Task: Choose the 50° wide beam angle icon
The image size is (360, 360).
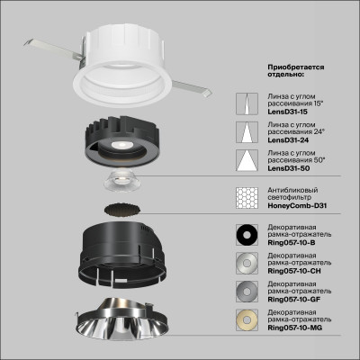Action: (243, 161)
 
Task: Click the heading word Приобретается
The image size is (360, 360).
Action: (296, 67)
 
